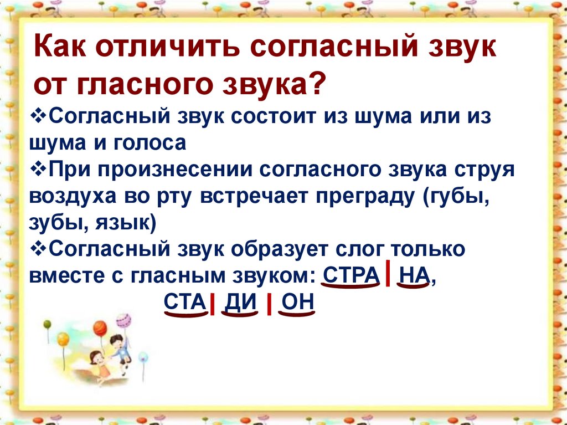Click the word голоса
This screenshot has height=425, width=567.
150,144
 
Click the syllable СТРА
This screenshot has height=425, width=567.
350,276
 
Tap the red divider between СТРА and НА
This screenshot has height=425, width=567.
388,273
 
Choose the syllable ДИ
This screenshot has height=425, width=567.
240,303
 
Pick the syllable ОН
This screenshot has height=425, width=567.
297,303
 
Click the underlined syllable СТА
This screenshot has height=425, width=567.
185,303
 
